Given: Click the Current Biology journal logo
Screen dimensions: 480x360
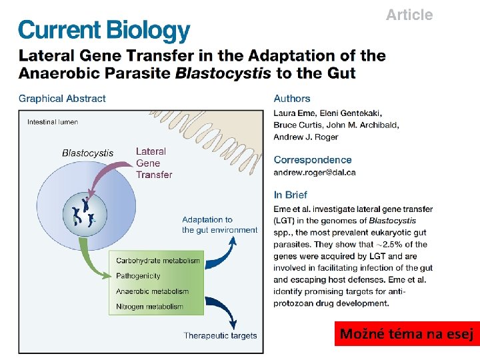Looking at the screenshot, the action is coord(104,31).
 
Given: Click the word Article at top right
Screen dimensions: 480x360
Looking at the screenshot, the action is coord(409,15).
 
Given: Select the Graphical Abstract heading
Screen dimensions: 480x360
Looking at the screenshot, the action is coord(62,99).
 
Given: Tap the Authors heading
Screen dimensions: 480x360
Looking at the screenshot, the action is coord(292,99).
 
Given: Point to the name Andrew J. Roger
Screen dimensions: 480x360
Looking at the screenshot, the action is coord(305,137).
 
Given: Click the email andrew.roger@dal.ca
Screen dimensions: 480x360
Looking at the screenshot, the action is coord(314,172).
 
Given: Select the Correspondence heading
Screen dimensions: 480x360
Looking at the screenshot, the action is coord(312,160).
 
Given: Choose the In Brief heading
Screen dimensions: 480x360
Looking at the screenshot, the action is coord(291,195).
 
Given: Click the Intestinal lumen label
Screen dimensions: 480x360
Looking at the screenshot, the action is coord(53,122).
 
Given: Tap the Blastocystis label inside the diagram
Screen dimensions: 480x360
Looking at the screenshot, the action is coord(87,153).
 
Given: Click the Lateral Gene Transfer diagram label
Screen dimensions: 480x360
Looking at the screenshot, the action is coord(153,163).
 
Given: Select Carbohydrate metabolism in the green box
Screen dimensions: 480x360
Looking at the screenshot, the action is coord(158,261).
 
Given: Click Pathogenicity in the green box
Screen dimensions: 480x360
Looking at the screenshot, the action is coord(138,275).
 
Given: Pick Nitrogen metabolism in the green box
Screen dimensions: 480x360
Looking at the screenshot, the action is coord(149,307).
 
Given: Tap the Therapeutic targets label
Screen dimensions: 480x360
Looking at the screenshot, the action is coord(220,335).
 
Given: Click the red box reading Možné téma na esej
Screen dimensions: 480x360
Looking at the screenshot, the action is coord(406,334).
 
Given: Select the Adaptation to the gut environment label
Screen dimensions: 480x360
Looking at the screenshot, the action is coord(219,225).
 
